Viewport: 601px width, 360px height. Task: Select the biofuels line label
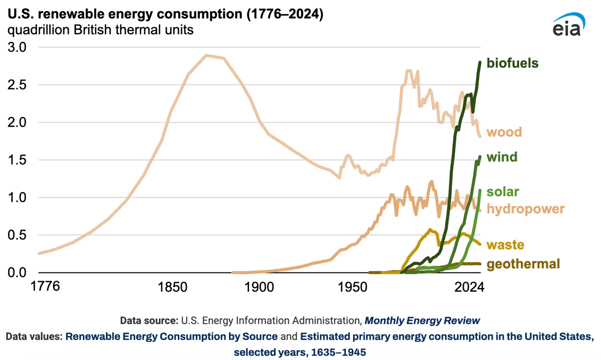[512, 63]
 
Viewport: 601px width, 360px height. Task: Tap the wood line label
[504, 132]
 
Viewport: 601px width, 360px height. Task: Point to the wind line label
[502, 157]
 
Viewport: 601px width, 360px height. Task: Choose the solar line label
[502, 192]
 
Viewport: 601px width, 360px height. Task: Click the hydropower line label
[525, 209]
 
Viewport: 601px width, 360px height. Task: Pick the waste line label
[505, 245]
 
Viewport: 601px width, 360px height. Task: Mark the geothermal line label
[523, 264]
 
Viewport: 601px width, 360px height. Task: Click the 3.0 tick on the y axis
[17, 47]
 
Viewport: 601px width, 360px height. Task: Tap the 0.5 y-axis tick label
[17, 234]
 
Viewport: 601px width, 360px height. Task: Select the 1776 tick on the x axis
[45, 286]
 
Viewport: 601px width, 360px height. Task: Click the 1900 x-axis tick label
[260, 287]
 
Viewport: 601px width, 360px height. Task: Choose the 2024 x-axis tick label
[469, 287]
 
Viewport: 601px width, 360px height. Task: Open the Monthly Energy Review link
[422, 320]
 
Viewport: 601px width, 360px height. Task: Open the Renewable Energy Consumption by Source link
[171, 336]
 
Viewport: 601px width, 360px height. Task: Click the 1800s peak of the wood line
[207, 55]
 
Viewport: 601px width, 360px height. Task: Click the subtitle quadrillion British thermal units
[100, 30]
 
